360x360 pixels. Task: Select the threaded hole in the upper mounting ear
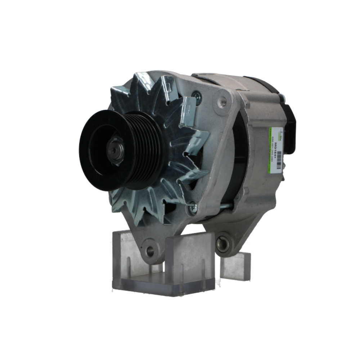coord(222,102)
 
